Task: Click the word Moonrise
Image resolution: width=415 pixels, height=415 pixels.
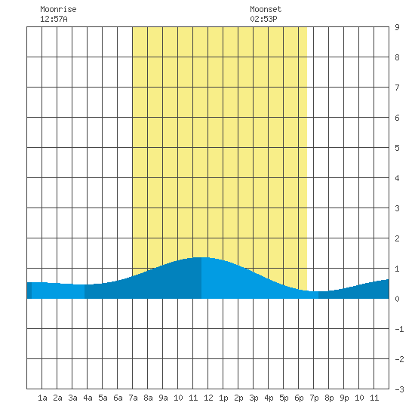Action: (x=58, y=9)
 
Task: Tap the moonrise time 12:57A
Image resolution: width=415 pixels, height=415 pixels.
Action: (x=54, y=19)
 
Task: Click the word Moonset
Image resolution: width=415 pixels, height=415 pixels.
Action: (x=266, y=9)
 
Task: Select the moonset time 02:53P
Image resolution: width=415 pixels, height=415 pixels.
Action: (x=263, y=19)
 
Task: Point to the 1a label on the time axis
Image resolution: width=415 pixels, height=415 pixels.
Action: (x=42, y=398)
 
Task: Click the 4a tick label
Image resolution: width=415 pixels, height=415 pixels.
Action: (x=88, y=398)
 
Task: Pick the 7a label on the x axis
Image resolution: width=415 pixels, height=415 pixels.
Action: (x=133, y=398)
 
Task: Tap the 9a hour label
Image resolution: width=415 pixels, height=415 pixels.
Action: (x=163, y=398)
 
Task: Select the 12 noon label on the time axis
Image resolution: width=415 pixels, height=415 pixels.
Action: (x=208, y=398)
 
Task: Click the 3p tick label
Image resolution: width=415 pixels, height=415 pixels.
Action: (x=254, y=398)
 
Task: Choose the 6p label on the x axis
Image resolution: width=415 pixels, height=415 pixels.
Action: (x=299, y=398)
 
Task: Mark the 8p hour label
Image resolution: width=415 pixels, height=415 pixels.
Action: (x=329, y=398)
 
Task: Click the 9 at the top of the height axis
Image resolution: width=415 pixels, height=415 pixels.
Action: (x=397, y=27)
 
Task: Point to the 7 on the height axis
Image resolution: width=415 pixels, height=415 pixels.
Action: (x=397, y=88)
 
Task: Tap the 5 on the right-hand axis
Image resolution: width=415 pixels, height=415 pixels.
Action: (x=397, y=148)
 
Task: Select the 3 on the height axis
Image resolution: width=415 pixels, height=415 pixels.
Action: (x=397, y=208)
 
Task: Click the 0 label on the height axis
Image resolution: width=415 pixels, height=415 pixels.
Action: (x=397, y=299)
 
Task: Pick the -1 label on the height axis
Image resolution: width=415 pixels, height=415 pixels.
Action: (x=399, y=329)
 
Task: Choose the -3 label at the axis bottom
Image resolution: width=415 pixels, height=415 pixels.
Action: (x=399, y=389)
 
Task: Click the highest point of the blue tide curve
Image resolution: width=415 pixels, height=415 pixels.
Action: (x=201, y=257)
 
